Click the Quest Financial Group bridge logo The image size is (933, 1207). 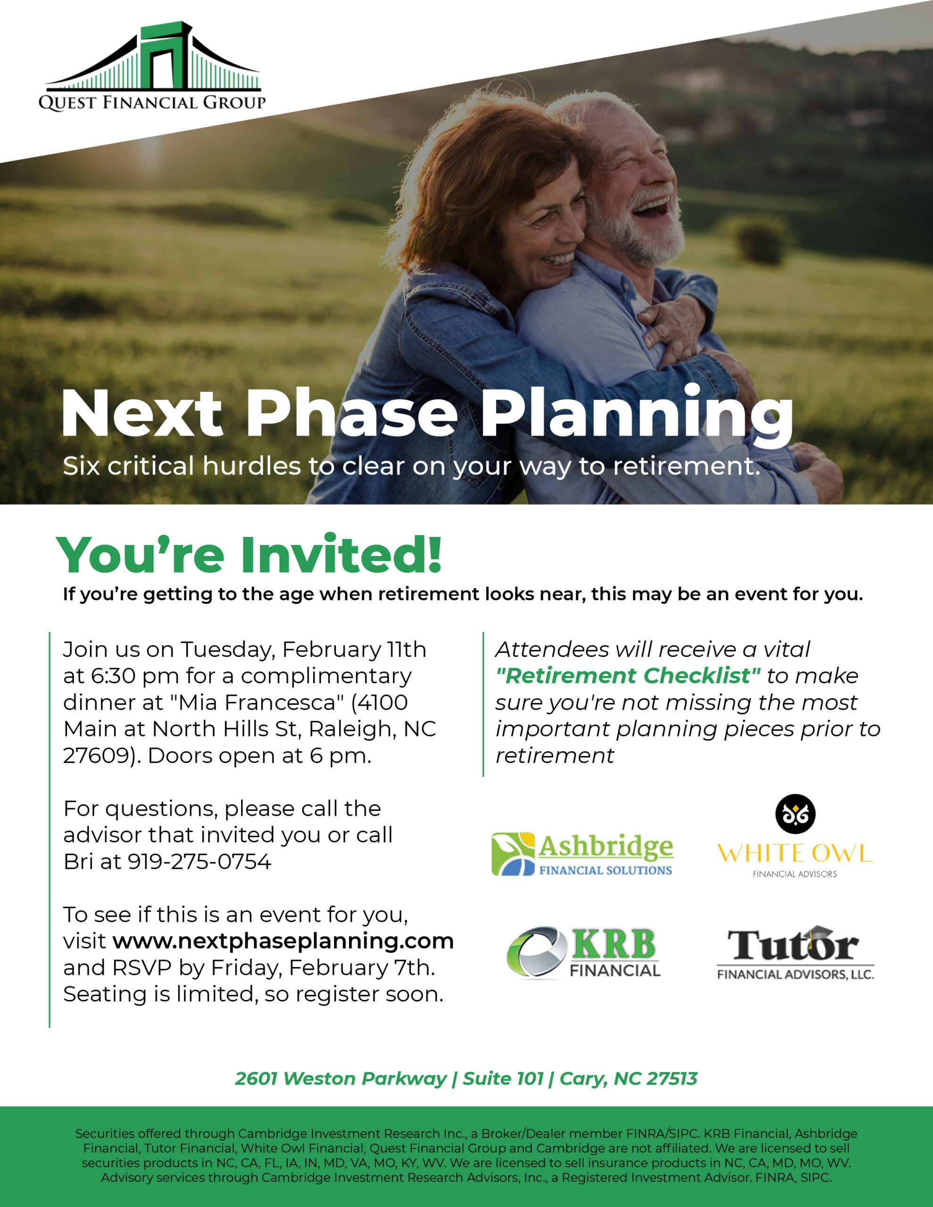152,66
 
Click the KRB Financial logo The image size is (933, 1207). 583,953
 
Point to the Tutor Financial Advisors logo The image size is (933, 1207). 795,953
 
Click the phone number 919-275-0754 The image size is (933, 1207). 200,861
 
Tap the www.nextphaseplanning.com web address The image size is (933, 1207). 283,941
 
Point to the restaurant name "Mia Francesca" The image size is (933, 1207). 257,703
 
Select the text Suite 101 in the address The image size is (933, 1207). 503,1078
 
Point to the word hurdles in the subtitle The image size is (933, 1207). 251,465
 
